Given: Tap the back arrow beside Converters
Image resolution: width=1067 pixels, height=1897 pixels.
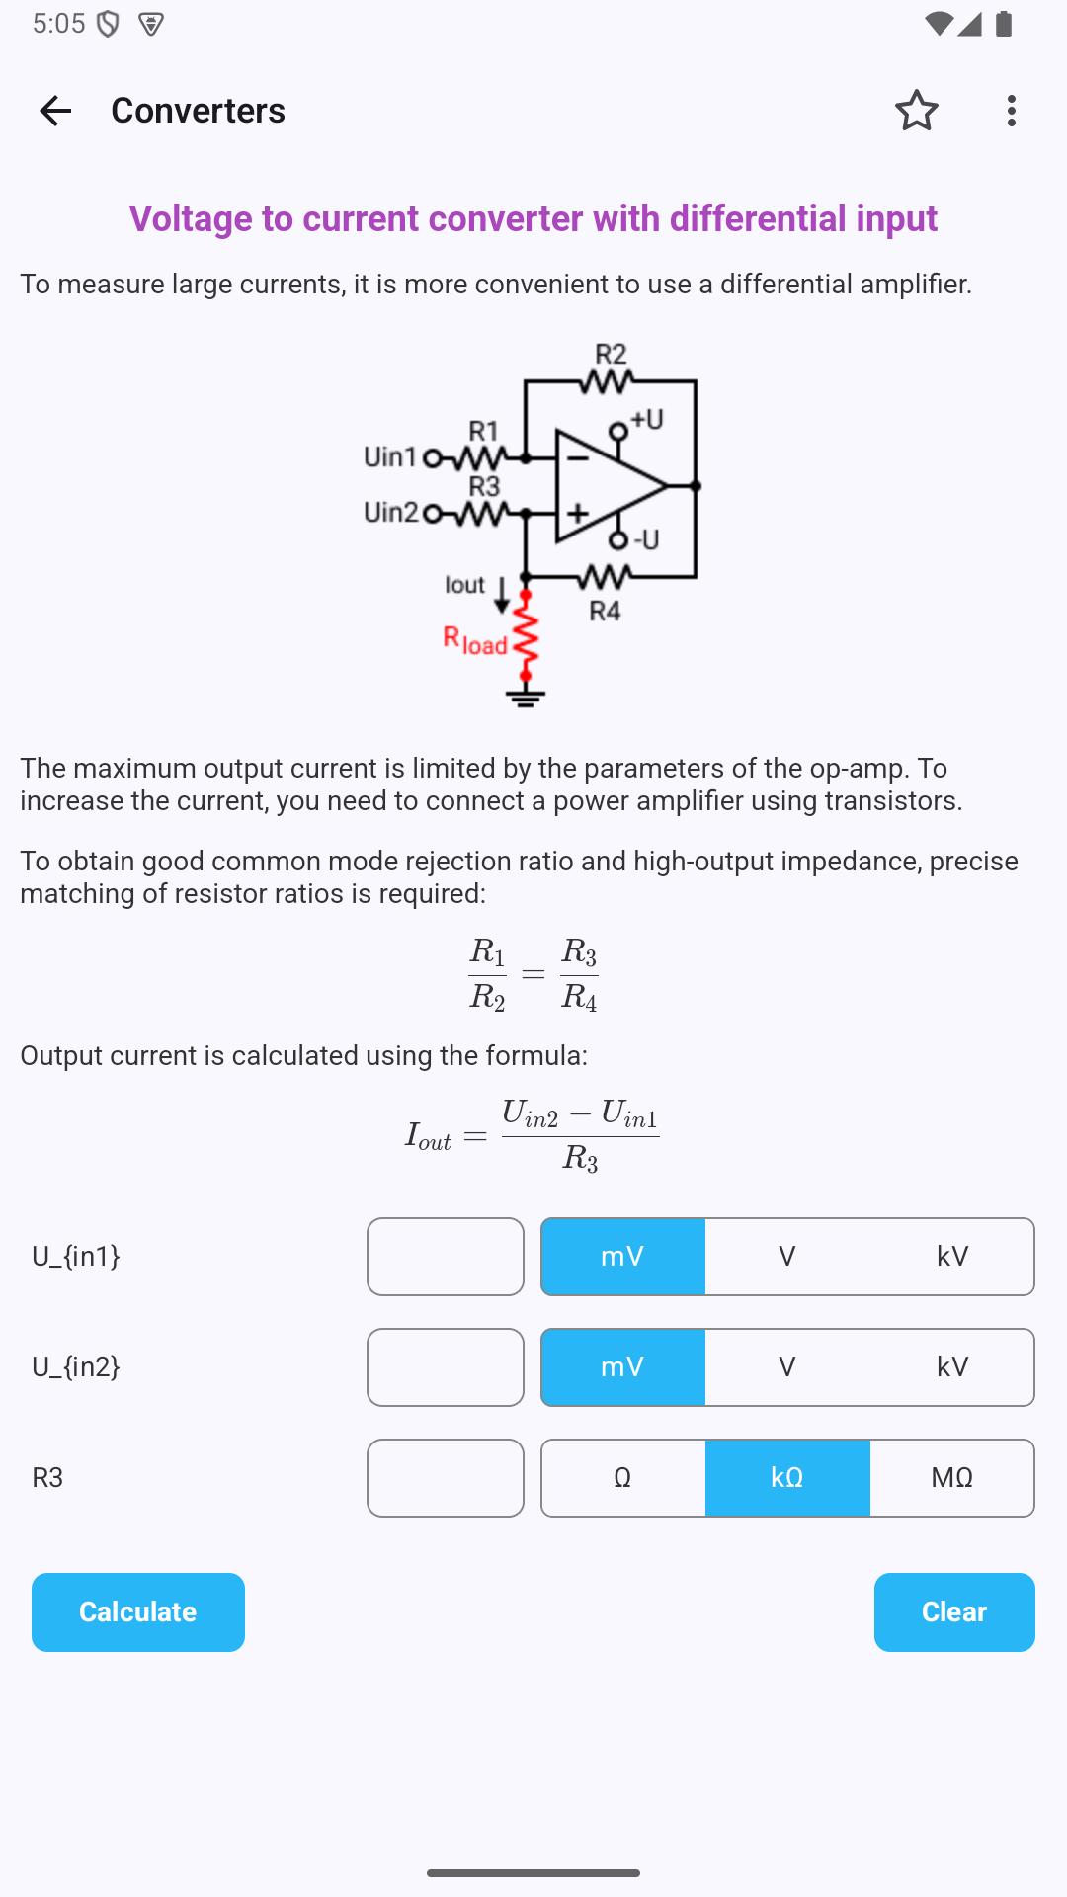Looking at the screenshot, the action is click(55, 111).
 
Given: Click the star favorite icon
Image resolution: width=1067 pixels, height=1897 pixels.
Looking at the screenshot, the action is click(917, 111).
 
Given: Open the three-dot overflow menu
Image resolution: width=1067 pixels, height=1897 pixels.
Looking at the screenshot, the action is click(1011, 111).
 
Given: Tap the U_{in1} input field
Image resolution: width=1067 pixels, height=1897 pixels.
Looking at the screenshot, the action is click(446, 1257).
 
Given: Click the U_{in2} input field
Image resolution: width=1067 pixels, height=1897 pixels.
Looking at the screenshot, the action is click(446, 1367).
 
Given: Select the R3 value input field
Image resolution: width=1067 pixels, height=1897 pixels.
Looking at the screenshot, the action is click(446, 1478).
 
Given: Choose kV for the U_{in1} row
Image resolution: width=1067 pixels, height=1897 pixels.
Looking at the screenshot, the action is click(952, 1257).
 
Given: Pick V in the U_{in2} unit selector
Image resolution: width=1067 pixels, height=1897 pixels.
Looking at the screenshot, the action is click(787, 1367).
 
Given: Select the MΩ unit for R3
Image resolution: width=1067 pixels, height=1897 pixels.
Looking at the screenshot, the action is click(952, 1478).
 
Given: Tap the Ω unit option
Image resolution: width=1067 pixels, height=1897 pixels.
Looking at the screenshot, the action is click(622, 1478).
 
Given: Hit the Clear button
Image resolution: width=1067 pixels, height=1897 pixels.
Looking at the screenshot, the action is click(954, 1612).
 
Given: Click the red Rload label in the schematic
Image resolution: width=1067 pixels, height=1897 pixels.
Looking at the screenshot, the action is click(475, 641).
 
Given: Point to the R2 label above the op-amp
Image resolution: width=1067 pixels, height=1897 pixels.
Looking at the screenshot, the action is click(611, 354).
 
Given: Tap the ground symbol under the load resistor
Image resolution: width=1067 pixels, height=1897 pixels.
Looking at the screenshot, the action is click(526, 697).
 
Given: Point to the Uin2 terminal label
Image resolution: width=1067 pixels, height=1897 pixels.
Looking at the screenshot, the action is click(390, 512).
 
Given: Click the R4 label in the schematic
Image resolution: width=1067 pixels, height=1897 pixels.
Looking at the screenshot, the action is click(605, 611).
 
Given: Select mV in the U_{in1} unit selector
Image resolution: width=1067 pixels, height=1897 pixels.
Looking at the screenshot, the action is click(622, 1257).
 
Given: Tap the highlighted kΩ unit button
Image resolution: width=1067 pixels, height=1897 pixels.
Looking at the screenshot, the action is click(787, 1478).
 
